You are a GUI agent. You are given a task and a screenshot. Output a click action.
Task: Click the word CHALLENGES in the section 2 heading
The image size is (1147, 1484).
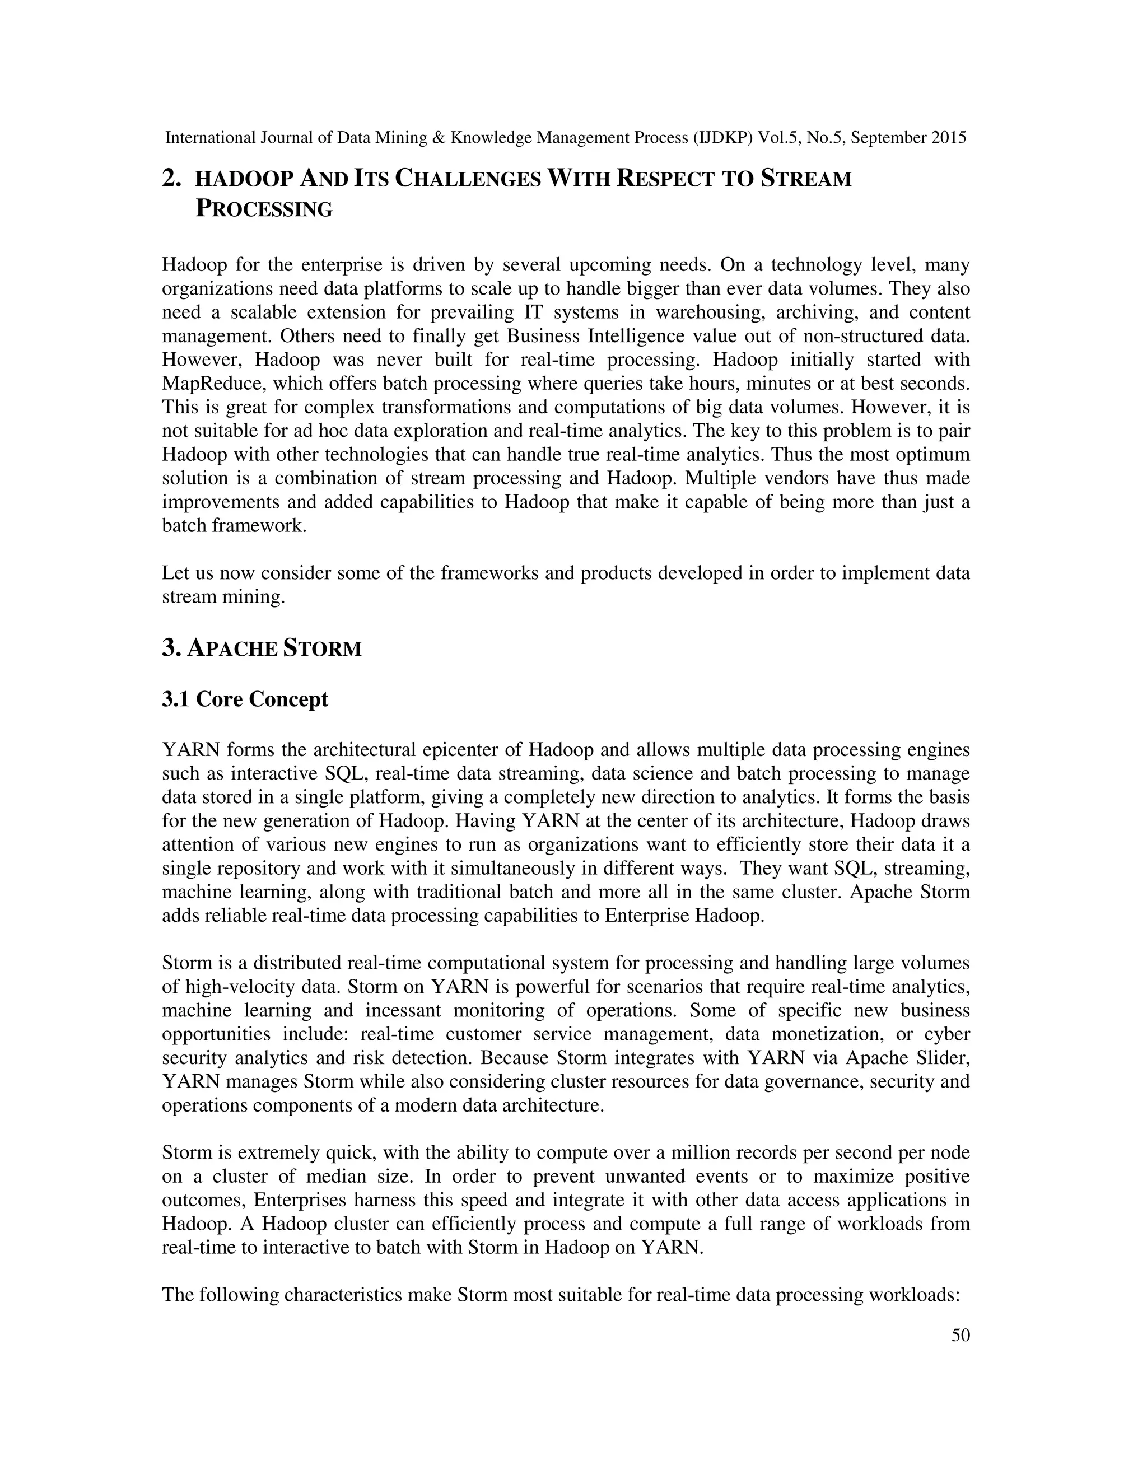point(468,179)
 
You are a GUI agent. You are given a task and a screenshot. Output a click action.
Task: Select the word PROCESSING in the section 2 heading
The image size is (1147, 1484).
point(264,209)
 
